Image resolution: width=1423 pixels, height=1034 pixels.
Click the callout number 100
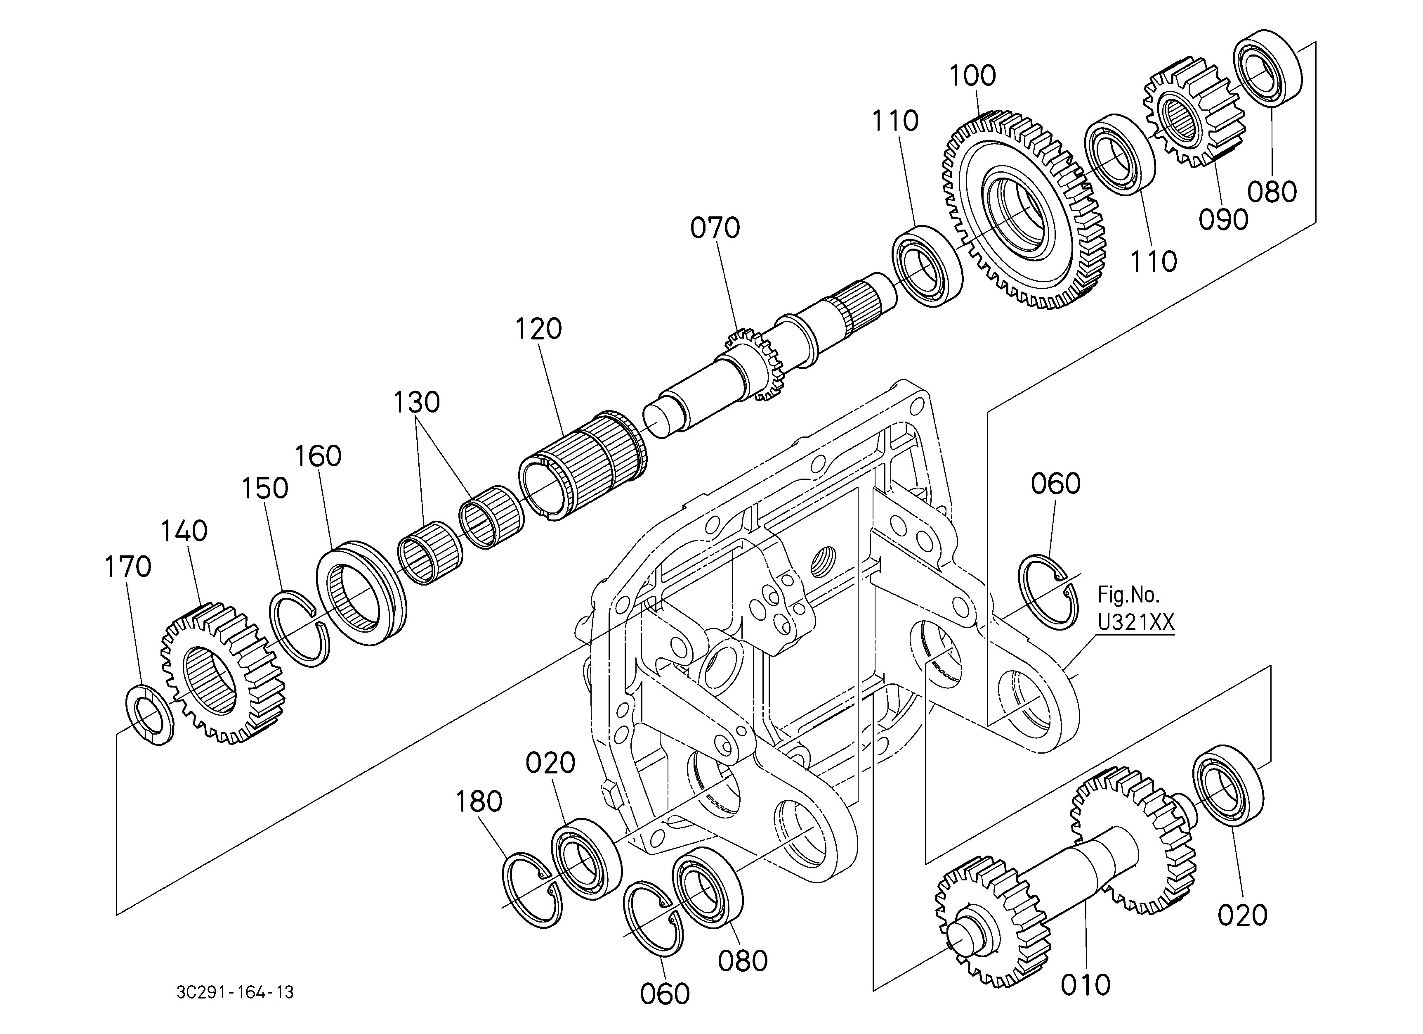tap(972, 76)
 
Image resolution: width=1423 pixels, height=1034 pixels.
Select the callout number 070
tap(715, 228)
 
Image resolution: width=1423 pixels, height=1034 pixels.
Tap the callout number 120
tap(538, 329)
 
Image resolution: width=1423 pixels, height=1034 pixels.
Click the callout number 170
tap(128, 567)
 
